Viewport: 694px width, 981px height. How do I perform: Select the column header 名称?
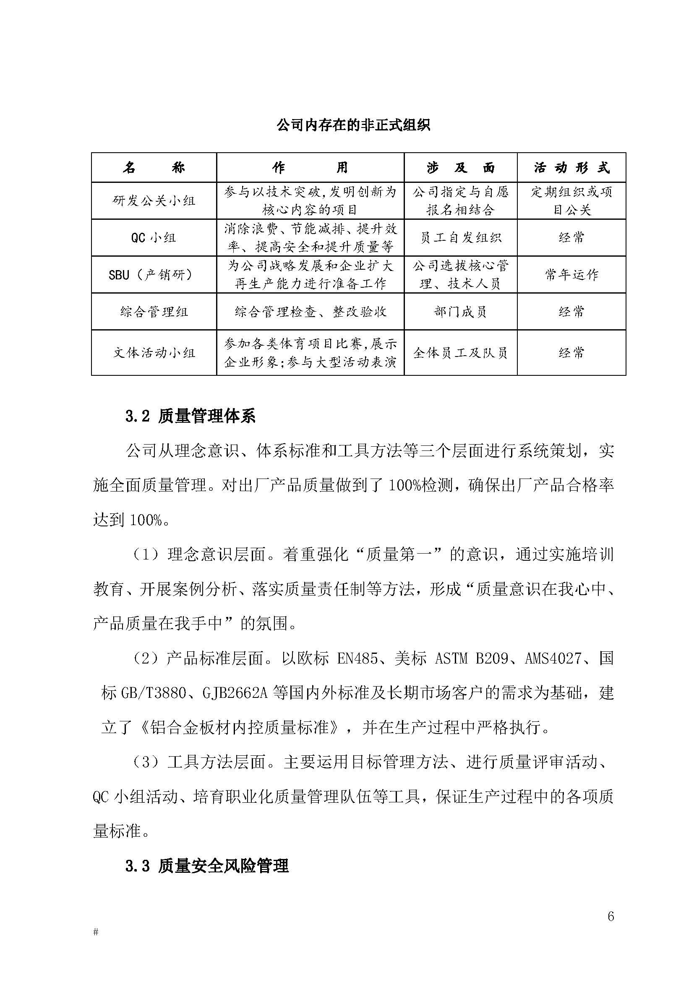click(x=154, y=168)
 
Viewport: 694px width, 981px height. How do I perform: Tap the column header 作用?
click(x=310, y=168)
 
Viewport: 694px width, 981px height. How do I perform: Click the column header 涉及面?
click(x=460, y=168)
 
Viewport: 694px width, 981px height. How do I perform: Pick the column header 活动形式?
click(x=571, y=168)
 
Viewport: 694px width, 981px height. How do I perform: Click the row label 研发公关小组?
click(x=154, y=201)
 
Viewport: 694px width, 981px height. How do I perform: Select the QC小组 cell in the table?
click(x=154, y=237)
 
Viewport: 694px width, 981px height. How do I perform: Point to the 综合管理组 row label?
click(x=154, y=312)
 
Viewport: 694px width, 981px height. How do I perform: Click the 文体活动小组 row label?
click(x=154, y=353)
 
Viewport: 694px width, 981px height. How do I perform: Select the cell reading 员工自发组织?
click(x=460, y=237)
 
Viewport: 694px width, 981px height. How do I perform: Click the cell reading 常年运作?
click(x=571, y=275)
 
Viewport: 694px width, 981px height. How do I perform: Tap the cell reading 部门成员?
click(x=460, y=312)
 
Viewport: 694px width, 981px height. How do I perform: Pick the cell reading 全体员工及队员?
click(x=460, y=353)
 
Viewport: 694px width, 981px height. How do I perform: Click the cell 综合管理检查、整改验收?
click(x=310, y=312)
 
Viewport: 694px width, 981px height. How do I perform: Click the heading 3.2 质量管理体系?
click(x=190, y=416)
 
